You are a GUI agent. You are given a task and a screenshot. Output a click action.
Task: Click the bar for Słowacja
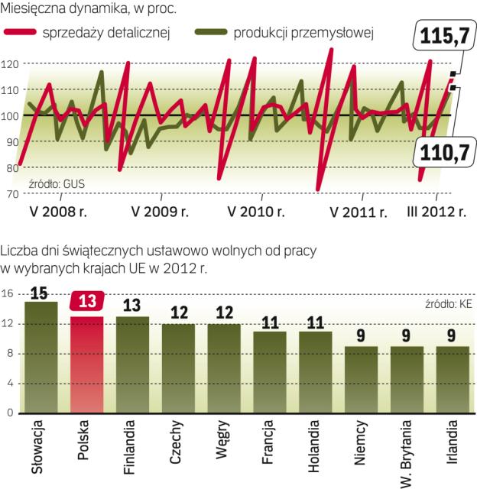[41, 357]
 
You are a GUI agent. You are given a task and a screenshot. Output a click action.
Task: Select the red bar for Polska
[86, 364]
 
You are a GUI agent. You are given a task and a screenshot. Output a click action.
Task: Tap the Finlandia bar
[132, 364]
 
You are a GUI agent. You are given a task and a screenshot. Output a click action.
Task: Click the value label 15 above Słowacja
[41, 292]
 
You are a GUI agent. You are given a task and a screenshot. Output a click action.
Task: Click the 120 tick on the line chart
[10, 64]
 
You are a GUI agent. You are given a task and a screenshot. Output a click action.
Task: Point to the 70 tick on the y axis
[10, 193]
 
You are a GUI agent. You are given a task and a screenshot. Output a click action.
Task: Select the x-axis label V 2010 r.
[258, 212]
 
